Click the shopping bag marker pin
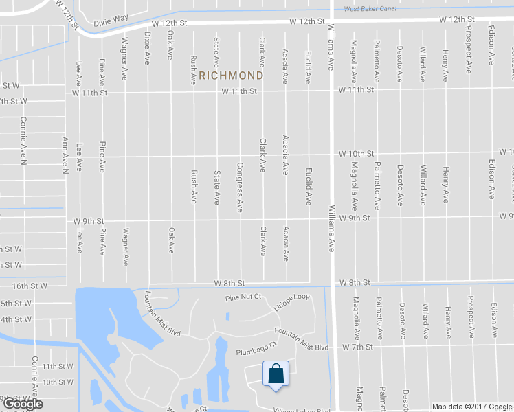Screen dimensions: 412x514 click(x=275, y=376)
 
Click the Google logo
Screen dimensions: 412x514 click(x=22, y=404)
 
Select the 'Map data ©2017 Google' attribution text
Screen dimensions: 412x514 click(x=471, y=407)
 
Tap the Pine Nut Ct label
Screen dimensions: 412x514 click(x=244, y=297)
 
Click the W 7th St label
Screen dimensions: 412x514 click(x=357, y=347)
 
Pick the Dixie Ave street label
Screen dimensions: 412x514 click(x=147, y=47)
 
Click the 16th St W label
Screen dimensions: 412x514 click(x=30, y=286)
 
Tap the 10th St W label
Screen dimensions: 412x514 click(x=58, y=382)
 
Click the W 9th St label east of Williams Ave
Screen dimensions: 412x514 click(x=355, y=218)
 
